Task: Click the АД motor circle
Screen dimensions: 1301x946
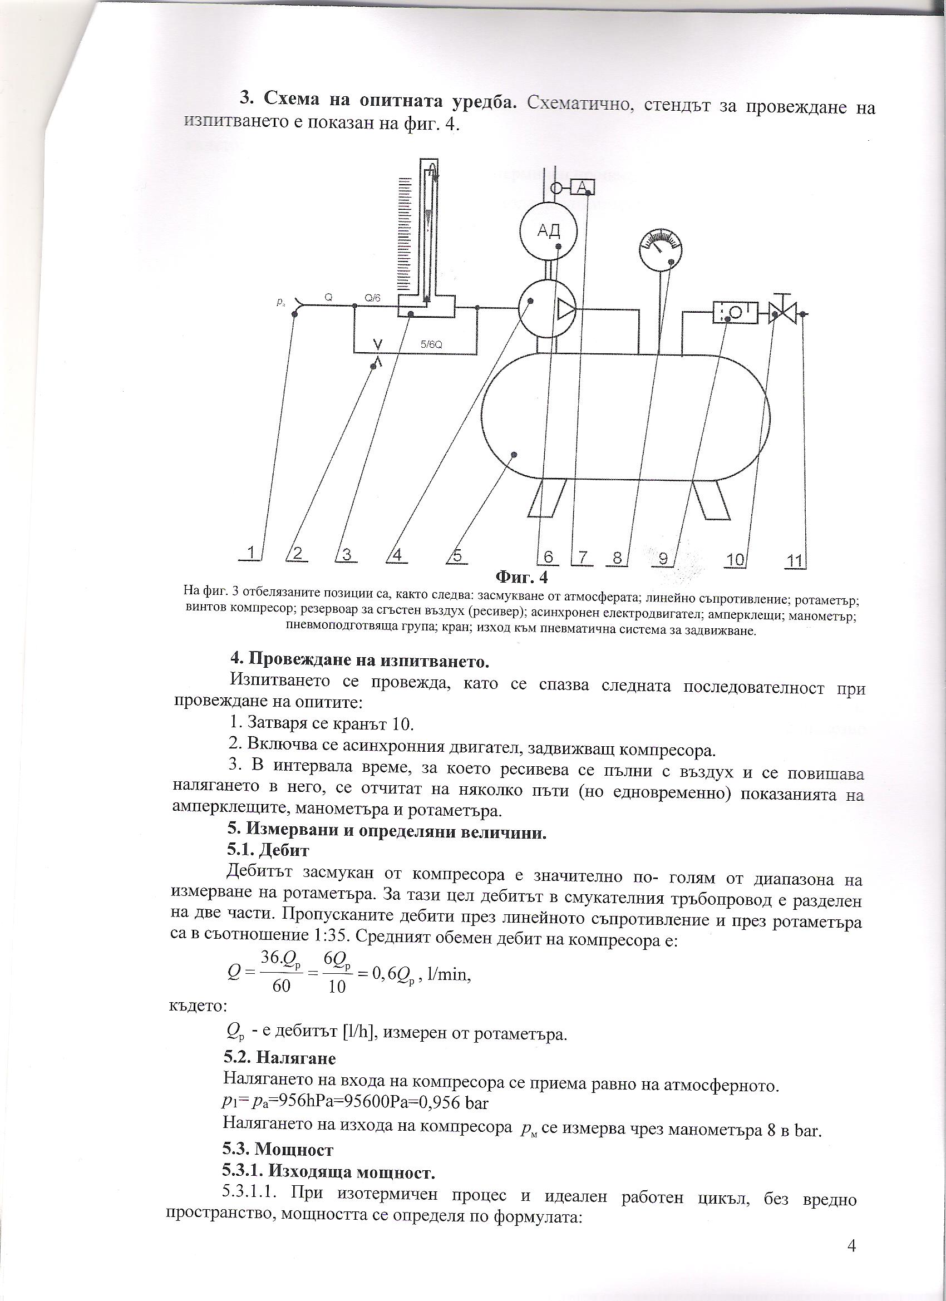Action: click(549, 231)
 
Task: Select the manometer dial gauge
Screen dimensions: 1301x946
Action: click(661, 250)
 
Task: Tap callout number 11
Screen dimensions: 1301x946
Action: click(795, 560)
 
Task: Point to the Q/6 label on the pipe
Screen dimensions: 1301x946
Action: click(372, 298)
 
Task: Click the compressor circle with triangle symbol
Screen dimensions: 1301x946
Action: click(549, 311)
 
